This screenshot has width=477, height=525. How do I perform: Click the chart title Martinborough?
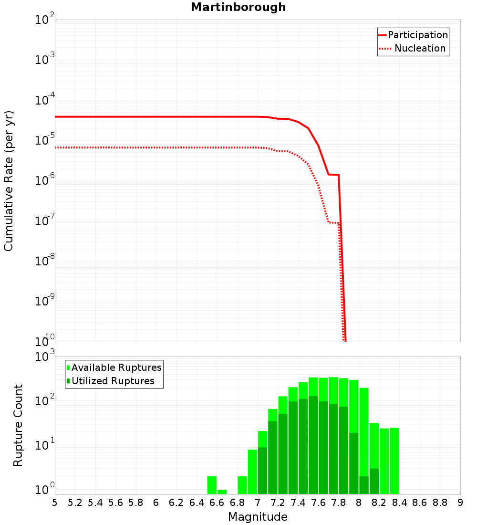point(238,8)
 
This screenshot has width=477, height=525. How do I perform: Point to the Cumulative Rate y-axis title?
point(9,180)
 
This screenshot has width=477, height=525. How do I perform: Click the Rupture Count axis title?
point(18,425)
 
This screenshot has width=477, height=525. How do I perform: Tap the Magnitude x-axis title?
point(258,517)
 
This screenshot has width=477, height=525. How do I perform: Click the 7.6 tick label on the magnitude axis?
point(319,503)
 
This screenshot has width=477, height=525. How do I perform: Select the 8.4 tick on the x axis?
point(400,503)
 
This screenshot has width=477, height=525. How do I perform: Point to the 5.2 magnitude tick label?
point(75,503)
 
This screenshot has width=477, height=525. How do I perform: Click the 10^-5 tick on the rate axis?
point(44,140)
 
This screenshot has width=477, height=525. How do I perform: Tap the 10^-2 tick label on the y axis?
point(44,20)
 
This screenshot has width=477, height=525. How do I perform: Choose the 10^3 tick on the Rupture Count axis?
point(44,357)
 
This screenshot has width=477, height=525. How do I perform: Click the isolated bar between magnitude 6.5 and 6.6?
point(212,485)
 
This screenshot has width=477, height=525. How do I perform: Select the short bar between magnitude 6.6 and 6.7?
point(222,492)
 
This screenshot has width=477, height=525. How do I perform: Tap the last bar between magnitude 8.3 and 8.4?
point(394,461)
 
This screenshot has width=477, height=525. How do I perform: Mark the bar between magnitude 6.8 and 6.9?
point(242,485)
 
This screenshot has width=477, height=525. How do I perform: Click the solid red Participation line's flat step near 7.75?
point(333,175)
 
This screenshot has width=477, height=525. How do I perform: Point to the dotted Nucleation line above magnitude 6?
point(156,147)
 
